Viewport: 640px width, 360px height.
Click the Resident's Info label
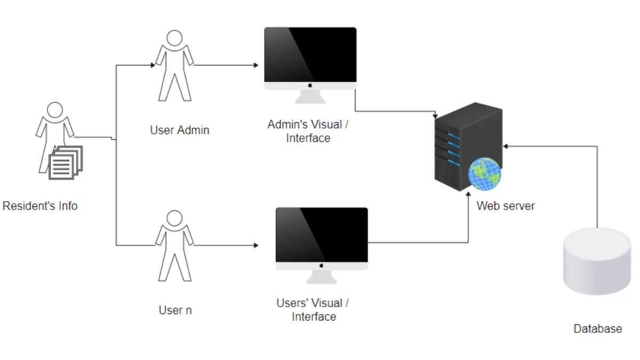[40, 206]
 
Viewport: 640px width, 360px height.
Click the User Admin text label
[180, 130]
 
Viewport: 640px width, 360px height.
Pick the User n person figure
[174, 245]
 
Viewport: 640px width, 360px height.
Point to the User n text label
[175, 310]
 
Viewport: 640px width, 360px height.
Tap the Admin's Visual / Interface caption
[308, 131]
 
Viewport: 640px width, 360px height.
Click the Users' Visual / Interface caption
[313, 310]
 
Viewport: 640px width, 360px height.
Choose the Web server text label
[506, 206]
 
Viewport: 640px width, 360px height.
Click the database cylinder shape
[597, 261]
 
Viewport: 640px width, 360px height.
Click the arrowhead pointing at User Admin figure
[153, 66]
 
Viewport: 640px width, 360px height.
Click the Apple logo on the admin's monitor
[310, 85]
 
